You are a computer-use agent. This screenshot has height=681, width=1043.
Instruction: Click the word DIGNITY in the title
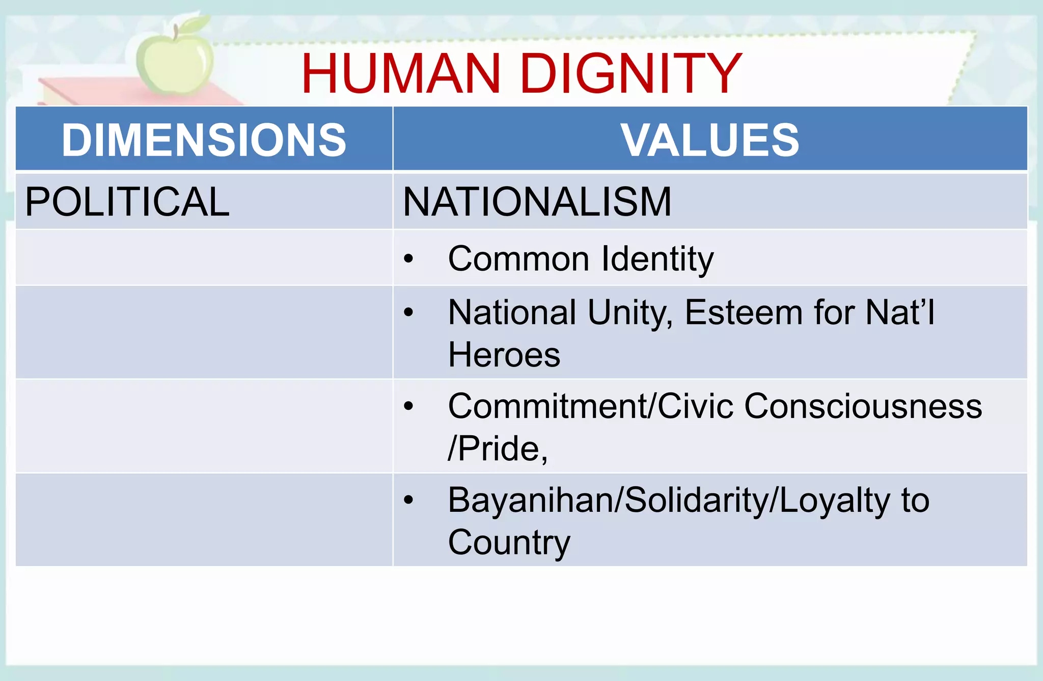coord(631,74)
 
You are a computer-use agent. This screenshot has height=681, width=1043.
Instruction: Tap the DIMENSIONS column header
coord(204,140)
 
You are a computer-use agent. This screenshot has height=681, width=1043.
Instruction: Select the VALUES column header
coord(709,140)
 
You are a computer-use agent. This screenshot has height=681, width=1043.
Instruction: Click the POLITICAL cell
coord(127,202)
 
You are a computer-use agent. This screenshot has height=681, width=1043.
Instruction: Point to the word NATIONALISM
coord(537,202)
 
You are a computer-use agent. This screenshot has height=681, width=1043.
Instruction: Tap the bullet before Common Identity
coord(408,259)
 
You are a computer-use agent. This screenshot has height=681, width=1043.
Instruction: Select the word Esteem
coord(743,312)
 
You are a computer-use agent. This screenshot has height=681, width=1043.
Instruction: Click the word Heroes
coord(504,355)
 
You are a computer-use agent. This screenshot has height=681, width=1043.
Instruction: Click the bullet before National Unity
coord(408,312)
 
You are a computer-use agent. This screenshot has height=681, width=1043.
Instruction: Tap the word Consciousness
coord(863,407)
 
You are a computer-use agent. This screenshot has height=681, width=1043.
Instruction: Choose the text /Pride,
coord(497,449)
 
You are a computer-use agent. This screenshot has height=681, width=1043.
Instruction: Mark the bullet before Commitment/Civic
coord(408,406)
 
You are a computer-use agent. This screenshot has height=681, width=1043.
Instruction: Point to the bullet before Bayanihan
coord(408,500)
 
